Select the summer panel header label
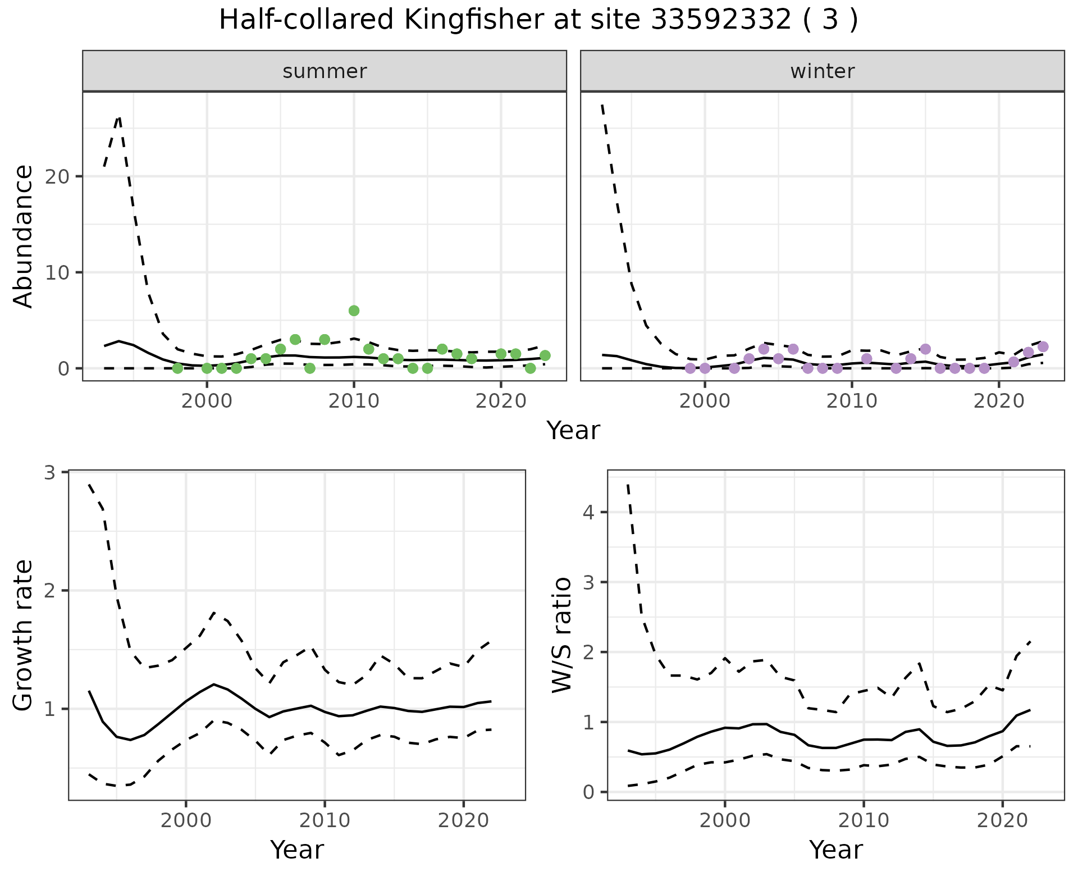click(x=325, y=71)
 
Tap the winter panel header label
click(x=822, y=71)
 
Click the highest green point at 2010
click(x=354, y=311)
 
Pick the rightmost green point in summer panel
click(x=545, y=355)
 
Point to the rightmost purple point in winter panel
click(x=1043, y=347)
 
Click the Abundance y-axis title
click(x=24, y=236)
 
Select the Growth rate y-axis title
click(x=24, y=636)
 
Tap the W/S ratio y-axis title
click(x=562, y=636)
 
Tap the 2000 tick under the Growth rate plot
click(x=186, y=820)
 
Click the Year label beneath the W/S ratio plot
click(x=835, y=850)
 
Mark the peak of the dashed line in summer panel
click(x=118, y=117)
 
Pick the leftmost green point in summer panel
click(x=177, y=368)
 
